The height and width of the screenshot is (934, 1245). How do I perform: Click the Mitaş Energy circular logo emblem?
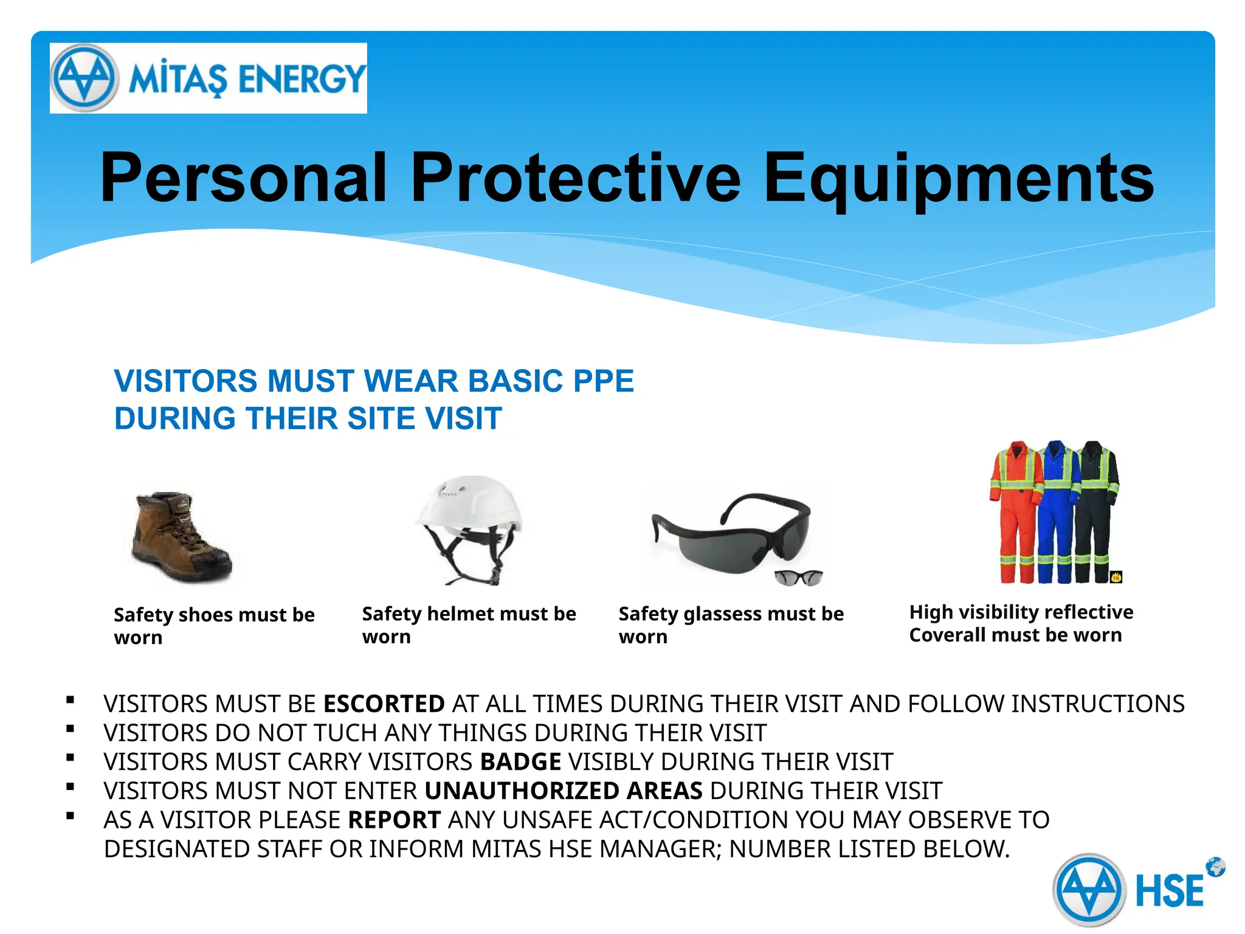click(x=84, y=78)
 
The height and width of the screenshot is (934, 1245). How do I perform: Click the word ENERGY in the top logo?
click(x=302, y=79)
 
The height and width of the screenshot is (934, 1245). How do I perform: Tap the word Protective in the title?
click(x=575, y=178)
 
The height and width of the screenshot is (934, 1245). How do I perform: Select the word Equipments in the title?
click(x=958, y=178)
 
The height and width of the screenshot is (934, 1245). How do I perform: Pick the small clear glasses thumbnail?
click(x=798, y=577)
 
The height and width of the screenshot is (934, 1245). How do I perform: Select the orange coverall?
click(x=1014, y=511)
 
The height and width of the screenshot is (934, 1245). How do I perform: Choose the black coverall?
click(x=1097, y=511)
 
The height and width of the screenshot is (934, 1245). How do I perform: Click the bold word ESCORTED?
click(x=384, y=704)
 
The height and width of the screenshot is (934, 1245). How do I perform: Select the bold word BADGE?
click(x=520, y=762)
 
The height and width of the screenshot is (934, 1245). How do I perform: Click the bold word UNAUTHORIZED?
click(x=521, y=791)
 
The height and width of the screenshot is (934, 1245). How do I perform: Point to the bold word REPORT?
click(x=394, y=820)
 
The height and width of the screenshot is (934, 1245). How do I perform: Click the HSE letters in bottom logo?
click(x=1169, y=891)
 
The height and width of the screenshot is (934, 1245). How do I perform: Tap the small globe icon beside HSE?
click(x=1215, y=867)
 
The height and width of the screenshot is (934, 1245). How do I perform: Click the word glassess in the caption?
click(x=720, y=614)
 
